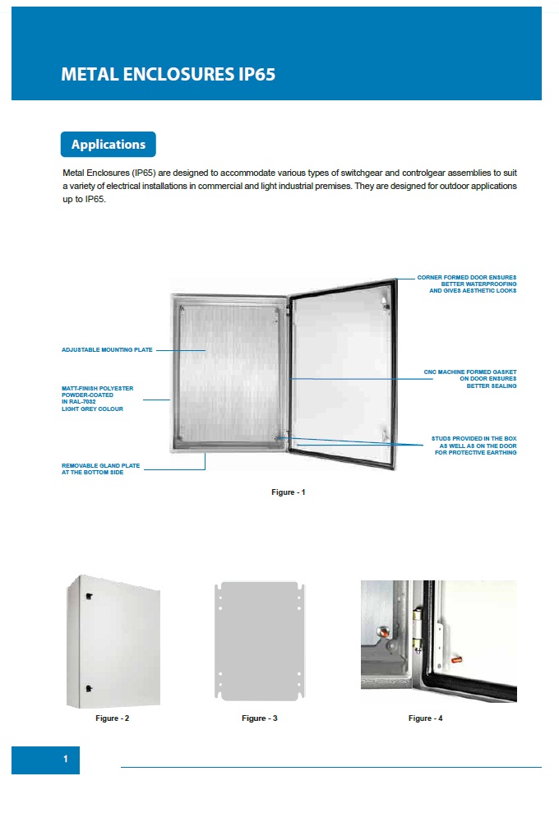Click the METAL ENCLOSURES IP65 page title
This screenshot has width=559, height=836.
coord(168,75)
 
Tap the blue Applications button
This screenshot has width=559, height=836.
coord(108,145)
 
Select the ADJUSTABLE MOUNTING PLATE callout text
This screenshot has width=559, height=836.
coord(107,350)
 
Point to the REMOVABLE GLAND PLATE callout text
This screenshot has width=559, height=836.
coord(100,469)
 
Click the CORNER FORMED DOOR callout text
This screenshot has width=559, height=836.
coord(467,284)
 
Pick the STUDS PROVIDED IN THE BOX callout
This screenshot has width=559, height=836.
coord(474,446)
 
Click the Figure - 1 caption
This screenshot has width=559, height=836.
coord(289,492)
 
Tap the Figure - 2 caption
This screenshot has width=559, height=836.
coord(113,718)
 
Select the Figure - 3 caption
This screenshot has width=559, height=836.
coord(259,718)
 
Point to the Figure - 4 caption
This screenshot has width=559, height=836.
coord(425,718)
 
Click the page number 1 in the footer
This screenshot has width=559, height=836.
coord(66,760)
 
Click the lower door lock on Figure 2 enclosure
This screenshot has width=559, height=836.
coord(88,687)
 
